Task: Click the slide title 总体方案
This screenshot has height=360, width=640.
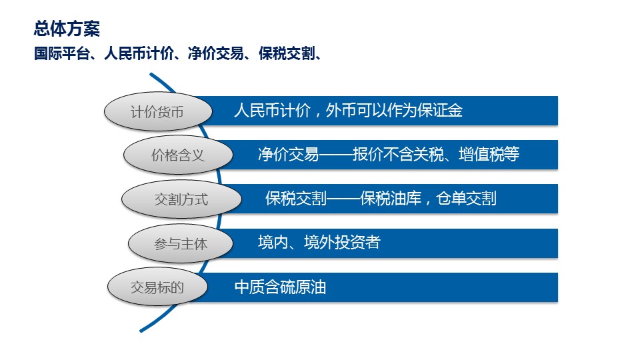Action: coord(67,29)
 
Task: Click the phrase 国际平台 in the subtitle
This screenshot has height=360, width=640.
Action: coord(61,53)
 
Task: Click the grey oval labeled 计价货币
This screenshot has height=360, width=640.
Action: coord(158,111)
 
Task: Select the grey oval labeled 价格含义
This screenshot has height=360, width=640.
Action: coord(178,155)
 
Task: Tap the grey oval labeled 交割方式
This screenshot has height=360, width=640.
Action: coord(181,199)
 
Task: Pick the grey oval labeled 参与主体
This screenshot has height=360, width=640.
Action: coord(181,243)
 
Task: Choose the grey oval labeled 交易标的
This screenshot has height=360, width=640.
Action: coord(157,287)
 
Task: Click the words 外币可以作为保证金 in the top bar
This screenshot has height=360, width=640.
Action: coord(394,110)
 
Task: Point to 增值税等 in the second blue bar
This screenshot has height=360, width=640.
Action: coord(489,154)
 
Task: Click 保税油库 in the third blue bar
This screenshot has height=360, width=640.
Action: coord(391,199)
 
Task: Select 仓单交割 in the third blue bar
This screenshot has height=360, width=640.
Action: coord(466,199)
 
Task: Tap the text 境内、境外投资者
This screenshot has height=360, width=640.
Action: coord(319,243)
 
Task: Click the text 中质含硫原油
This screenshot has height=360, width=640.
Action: coord(281,287)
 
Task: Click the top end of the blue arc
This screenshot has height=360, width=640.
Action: coord(151,75)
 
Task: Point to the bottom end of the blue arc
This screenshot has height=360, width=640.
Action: coord(141,331)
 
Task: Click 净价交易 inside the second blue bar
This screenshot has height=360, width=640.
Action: coord(288,154)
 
